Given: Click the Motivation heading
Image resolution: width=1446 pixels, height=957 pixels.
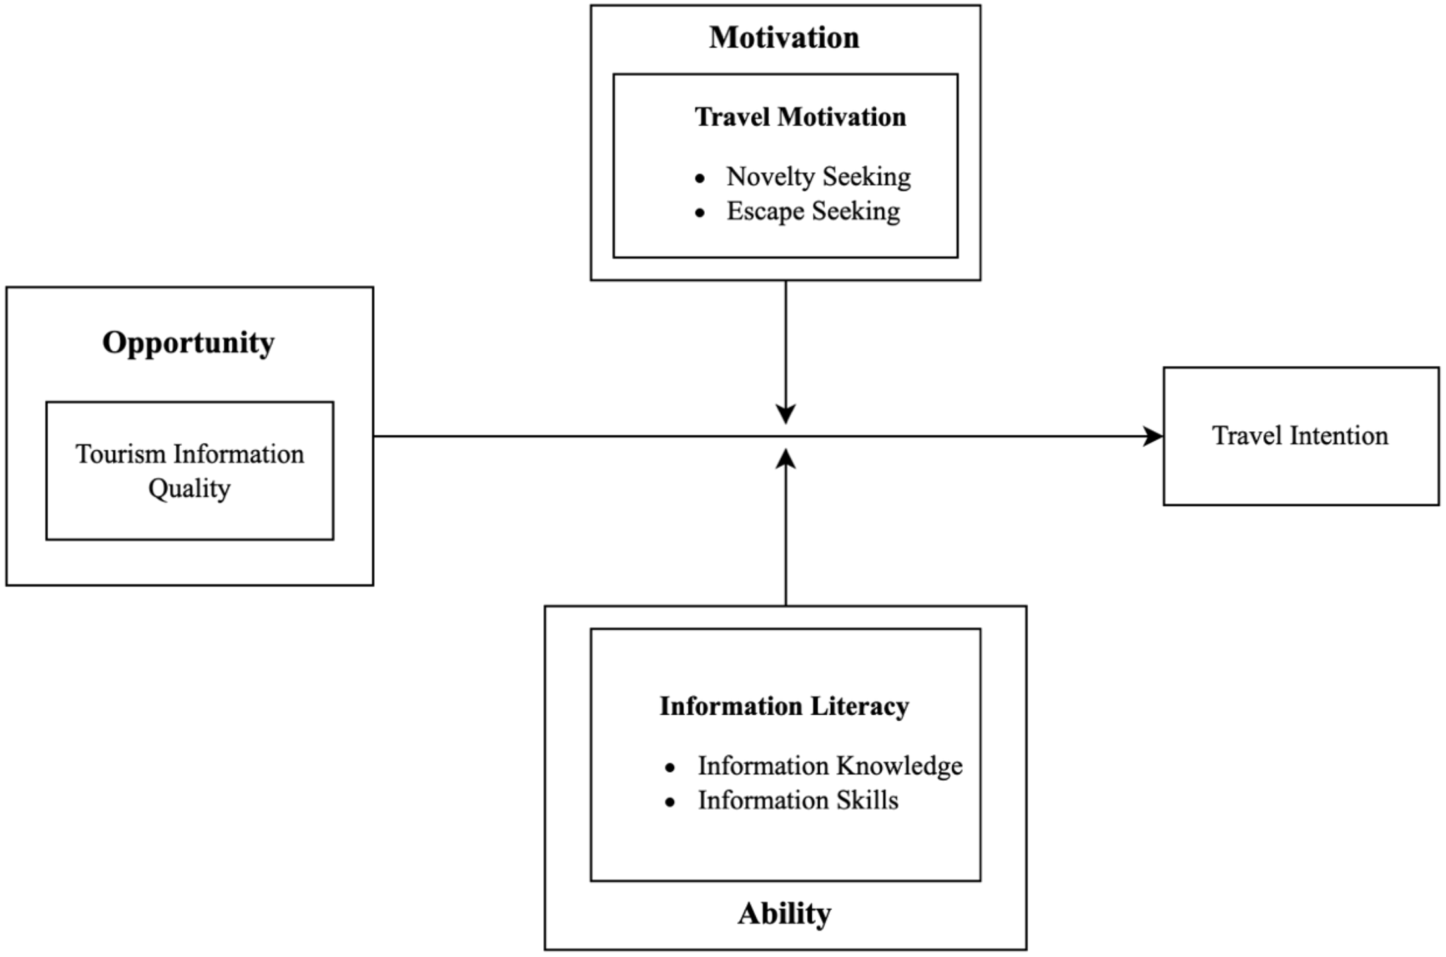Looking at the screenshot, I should click(784, 38).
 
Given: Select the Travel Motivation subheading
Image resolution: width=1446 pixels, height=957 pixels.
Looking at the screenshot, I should click(800, 117).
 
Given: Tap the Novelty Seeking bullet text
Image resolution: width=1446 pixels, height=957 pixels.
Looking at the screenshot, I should click(818, 177).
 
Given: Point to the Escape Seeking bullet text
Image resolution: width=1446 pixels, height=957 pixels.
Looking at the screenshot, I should click(813, 211).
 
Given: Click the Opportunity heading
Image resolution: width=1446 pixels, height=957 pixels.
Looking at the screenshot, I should click(188, 343).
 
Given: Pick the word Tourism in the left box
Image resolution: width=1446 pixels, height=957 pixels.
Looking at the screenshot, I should click(120, 454).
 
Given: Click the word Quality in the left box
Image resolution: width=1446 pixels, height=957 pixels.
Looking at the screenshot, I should click(189, 489).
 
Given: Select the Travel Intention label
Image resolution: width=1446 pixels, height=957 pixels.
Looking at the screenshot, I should click(1299, 436).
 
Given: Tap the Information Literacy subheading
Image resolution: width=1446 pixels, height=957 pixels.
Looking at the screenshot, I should click(784, 706).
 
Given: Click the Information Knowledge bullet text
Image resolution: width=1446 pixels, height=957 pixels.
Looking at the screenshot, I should click(830, 766).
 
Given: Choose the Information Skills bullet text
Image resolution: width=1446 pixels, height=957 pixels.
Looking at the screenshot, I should click(798, 800).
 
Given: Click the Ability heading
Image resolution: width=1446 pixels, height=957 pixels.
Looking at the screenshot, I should click(784, 914).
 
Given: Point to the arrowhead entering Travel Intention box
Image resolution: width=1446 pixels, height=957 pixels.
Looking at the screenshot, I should click(1154, 437).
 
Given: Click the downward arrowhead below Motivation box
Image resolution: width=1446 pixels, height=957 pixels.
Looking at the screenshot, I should click(785, 414).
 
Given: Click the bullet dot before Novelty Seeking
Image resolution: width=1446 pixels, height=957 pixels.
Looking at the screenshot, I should click(700, 178).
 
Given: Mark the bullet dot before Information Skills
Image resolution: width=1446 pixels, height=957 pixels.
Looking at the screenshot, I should click(670, 802).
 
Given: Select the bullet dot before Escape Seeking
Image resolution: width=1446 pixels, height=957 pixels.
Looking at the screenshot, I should click(700, 213).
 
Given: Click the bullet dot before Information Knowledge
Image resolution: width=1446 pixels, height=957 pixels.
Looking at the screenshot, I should click(670, 767).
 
